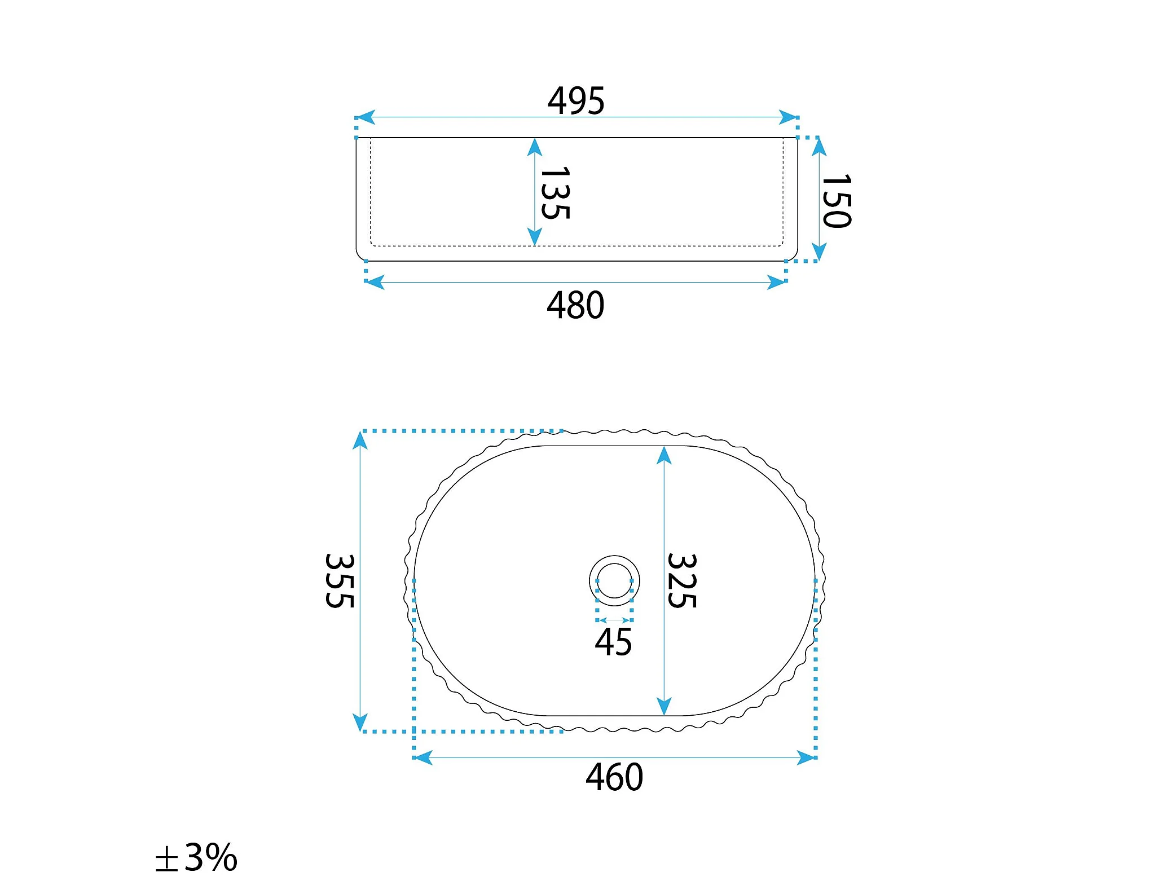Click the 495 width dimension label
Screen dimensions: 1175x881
(x=576, y=101)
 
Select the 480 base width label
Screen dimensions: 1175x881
(x=575, y=305)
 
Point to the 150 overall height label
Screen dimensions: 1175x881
(x=837, y=201)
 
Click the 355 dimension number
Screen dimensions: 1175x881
(x=340, y=581)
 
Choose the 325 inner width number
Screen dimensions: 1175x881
(x=682, y=581)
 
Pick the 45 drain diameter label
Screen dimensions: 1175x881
(x=614, y=642)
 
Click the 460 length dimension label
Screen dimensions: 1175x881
(x=614, y=777)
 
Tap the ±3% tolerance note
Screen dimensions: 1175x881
(x=196, y=857)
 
